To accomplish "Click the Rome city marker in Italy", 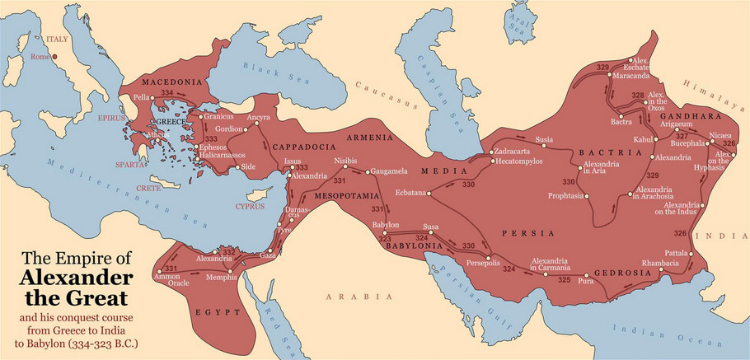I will point(54,57).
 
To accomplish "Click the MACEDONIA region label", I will point(172,83).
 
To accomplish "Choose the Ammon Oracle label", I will point(167,282).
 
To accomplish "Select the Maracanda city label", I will point(633,76).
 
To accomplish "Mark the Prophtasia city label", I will point(566,195).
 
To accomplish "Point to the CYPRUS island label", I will point(250,206).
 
